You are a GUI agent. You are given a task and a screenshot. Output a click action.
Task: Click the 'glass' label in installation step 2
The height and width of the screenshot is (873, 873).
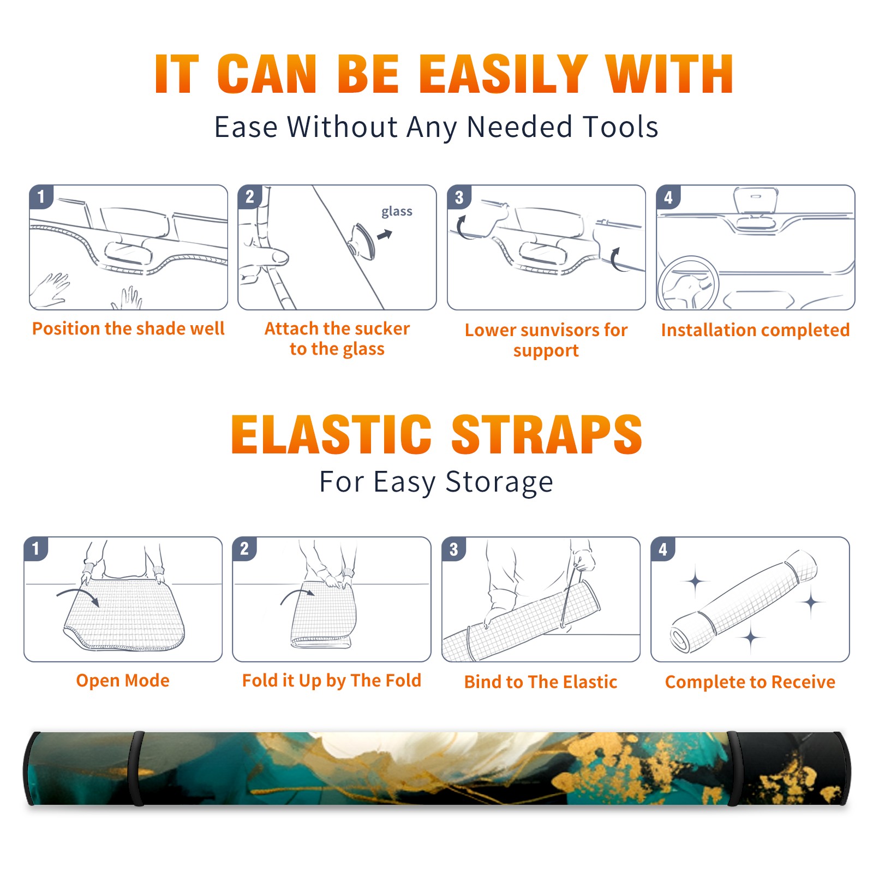[x=397, y=212]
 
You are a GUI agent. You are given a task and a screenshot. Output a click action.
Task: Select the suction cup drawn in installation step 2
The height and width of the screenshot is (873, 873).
[x=362, y=241]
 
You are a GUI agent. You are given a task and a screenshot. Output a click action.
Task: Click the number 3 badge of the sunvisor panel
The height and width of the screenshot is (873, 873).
[x=459, y=197]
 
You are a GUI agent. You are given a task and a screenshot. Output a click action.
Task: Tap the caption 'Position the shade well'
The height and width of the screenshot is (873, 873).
[x=128, y=328]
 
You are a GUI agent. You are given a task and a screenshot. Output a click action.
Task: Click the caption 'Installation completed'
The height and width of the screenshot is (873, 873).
[x=755, y=330]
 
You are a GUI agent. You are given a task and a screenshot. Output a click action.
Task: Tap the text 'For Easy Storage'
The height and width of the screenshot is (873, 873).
[x=436, y=482]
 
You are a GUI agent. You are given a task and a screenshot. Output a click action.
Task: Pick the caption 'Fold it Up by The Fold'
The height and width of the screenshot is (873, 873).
[x=332, y=680]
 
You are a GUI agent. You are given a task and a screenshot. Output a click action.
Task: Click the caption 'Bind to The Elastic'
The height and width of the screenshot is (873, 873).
[x=541, y=682]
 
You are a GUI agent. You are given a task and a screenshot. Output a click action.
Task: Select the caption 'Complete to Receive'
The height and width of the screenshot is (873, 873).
[x=750, y=682]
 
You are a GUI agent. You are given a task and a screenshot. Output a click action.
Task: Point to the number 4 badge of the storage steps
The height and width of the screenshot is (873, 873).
[x=663, y=549]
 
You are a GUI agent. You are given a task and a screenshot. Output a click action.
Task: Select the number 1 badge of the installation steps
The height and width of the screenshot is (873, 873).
[x=41, y=196]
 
